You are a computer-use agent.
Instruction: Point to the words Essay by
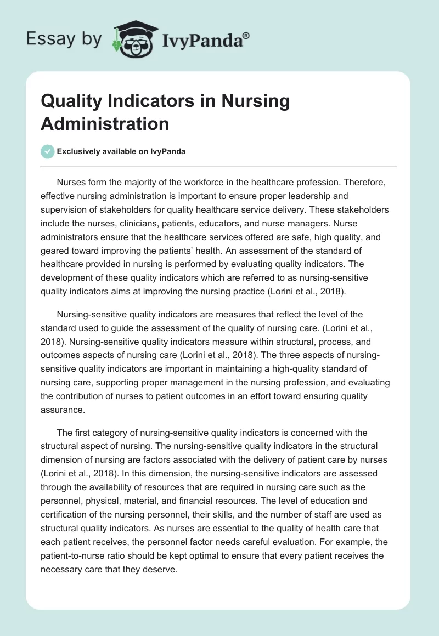pos(64,39)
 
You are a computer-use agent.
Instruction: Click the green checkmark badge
pos(48,151)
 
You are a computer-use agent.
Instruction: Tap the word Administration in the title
pos(105,124)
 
